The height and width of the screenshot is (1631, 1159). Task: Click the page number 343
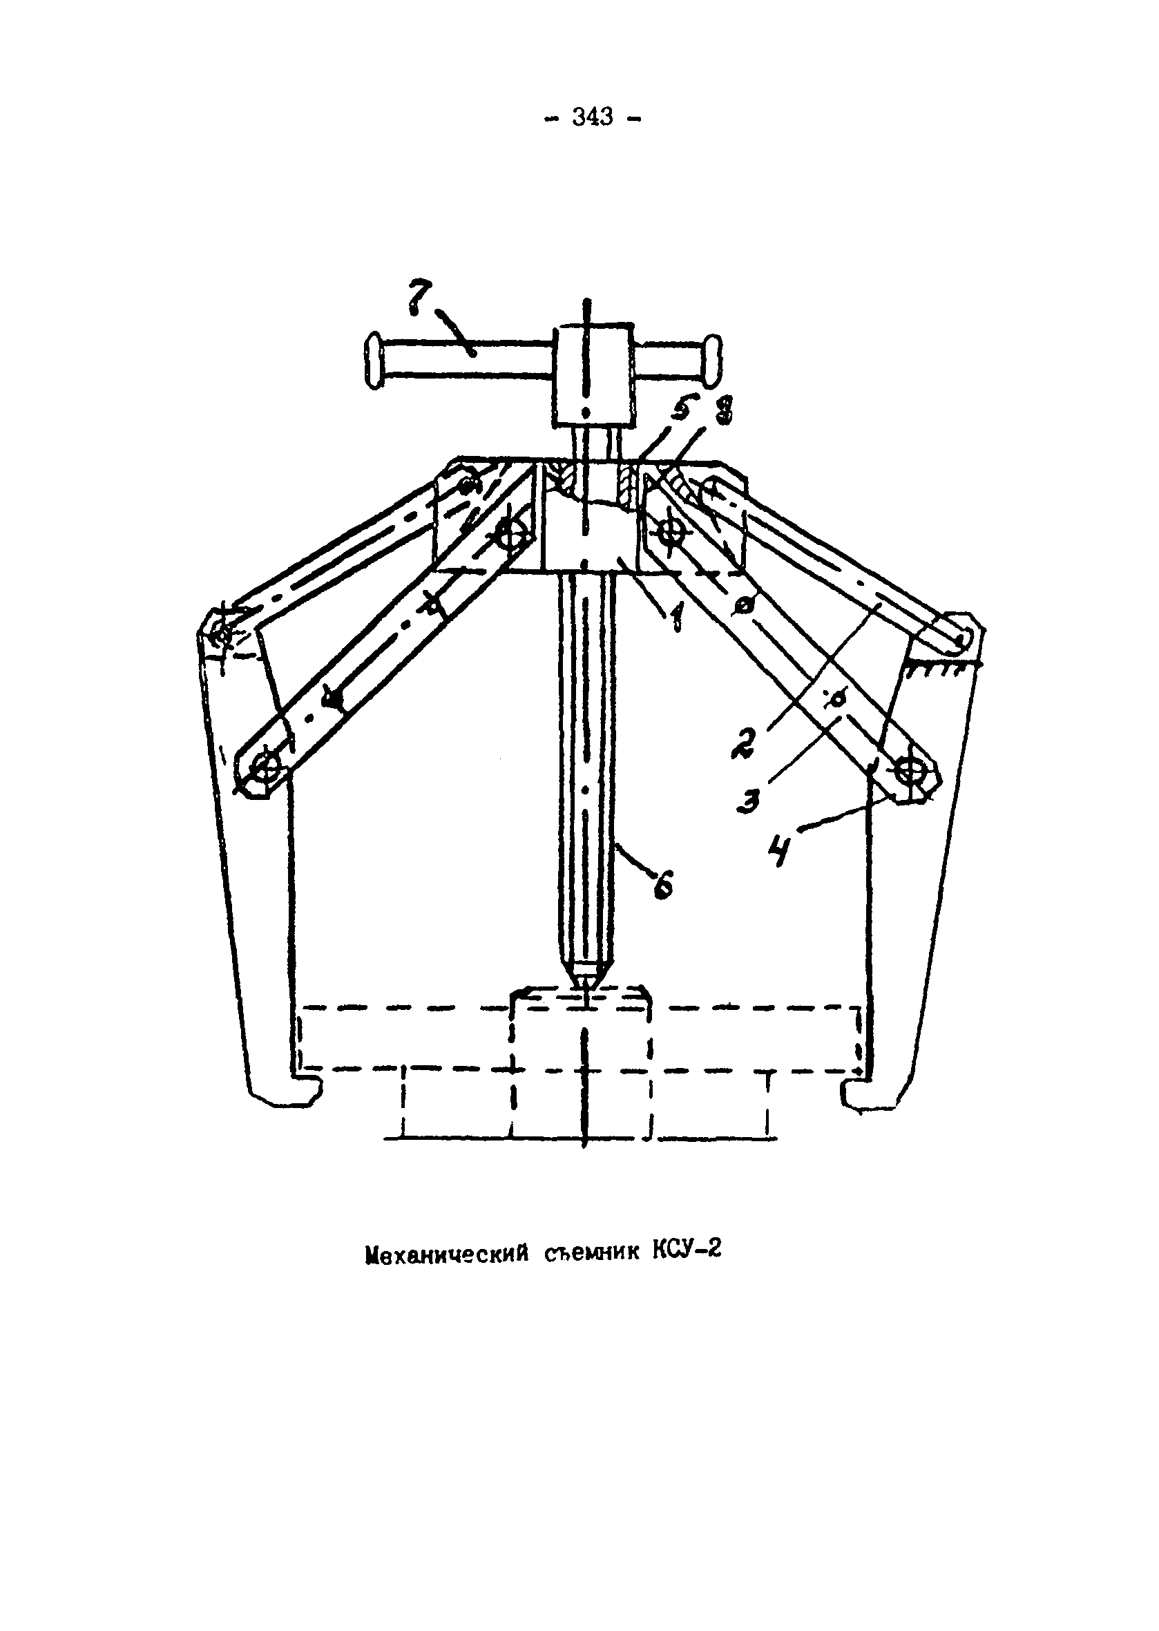pos(592,117)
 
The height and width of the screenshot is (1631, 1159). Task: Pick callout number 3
pos(749,799)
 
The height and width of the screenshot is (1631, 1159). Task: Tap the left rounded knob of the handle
pos(374,364)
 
